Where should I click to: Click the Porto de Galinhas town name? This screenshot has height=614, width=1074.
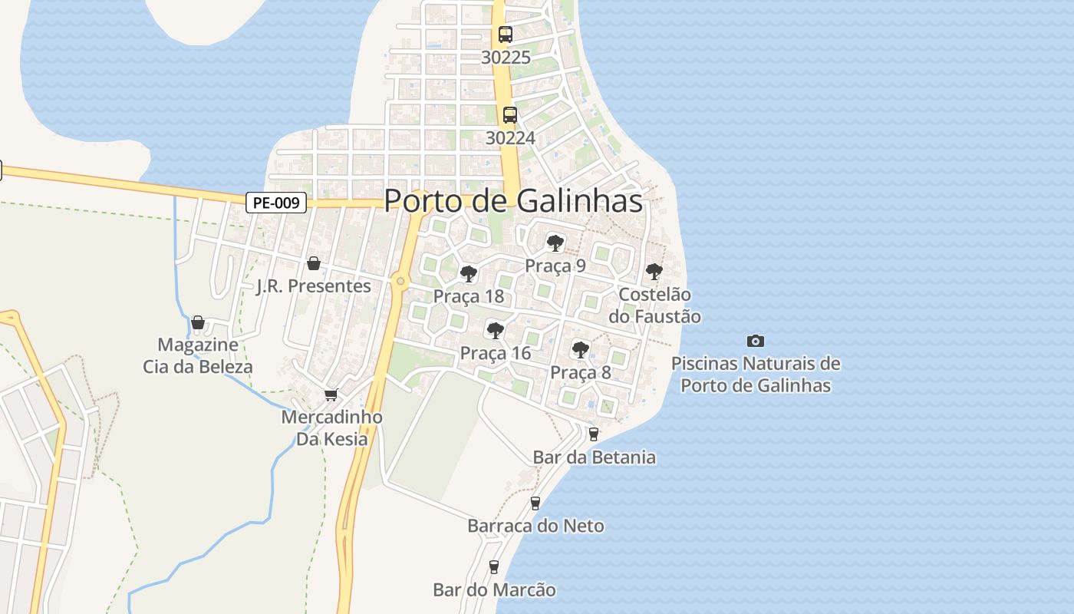coord(512,201)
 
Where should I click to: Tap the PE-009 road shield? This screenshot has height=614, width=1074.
coord(276,203)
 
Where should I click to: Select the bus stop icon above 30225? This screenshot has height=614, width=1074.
coord(505,35)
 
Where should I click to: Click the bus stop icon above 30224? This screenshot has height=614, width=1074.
coord(509,115)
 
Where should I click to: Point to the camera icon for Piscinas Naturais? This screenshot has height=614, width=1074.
coord(756,341)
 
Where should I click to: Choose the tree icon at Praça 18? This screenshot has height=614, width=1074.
coord(468,274)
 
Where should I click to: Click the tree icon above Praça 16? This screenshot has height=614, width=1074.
coord(495,331)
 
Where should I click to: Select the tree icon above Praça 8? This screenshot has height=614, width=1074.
coord(580,350)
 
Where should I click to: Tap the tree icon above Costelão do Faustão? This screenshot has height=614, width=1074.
coord(654,271)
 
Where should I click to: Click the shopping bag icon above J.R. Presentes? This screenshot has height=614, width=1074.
coord(313,264)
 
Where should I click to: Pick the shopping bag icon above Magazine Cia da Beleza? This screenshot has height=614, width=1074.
coord(197,322)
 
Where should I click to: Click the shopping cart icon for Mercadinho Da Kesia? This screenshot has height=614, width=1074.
coord(331,394)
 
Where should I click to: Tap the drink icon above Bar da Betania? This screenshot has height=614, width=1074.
coord(593,434)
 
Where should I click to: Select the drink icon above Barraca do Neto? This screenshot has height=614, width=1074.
coord(535,503)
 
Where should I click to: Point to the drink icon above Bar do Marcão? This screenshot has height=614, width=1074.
coord(493,567)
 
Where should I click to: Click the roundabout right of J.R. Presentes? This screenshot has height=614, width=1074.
coord(400,282)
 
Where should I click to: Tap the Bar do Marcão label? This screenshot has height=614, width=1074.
coord(494,590)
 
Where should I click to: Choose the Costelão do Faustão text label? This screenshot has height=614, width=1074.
coord(654,305)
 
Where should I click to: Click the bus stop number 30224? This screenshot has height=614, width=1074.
coord(510,138)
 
